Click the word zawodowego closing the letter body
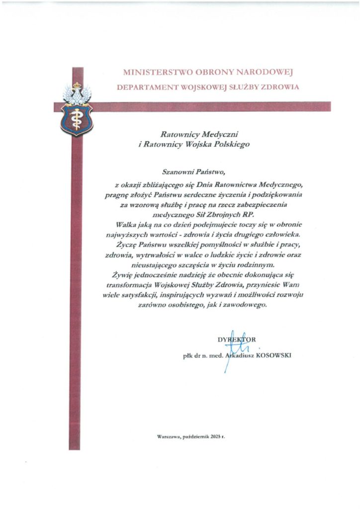pos(247,306)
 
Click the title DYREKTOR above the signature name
pos(236,339)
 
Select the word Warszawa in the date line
pos(168,436)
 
